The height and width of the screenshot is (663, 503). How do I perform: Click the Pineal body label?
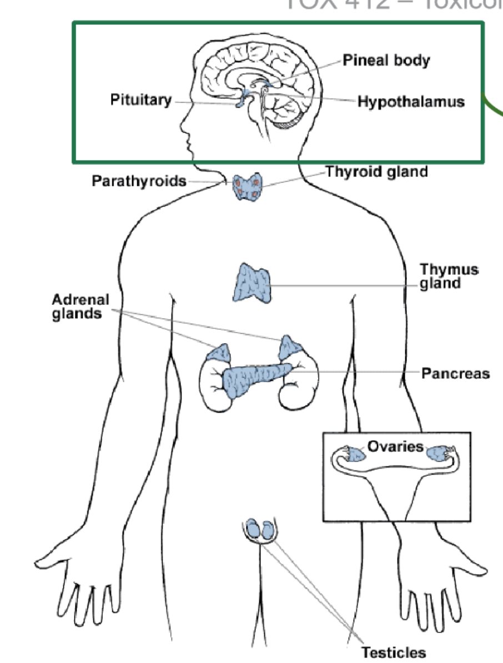386,60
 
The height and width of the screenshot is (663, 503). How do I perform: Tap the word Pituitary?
141,101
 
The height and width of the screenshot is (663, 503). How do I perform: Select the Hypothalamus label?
411,102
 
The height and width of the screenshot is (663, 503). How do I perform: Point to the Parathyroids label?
139,181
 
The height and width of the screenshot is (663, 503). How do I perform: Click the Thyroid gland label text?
376,172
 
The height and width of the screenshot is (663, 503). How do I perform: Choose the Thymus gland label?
449,277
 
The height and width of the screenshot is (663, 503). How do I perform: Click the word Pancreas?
455,373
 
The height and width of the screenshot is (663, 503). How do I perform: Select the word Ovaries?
395,446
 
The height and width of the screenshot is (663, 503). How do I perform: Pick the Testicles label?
394,652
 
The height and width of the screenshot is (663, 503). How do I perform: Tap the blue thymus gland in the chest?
253,284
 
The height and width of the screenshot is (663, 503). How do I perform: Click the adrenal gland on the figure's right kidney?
219,353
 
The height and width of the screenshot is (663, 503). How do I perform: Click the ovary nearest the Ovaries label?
355,454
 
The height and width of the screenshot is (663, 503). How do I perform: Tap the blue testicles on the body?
260,529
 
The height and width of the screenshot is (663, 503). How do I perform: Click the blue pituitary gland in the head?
240,102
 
